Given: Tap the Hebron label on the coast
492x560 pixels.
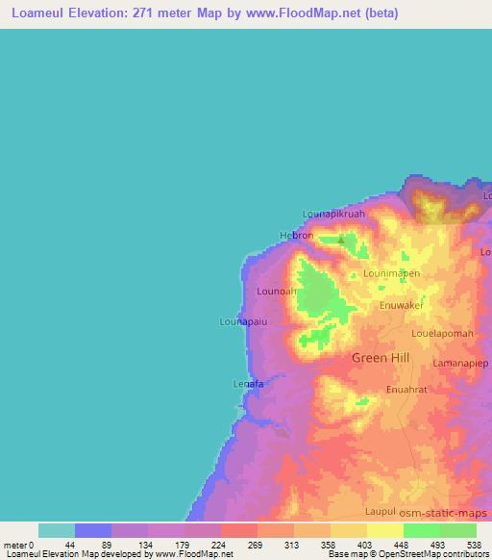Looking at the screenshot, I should coord(296,236).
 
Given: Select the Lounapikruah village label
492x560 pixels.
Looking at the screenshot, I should coord(333,214).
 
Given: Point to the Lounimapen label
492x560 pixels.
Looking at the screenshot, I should coord(391,273).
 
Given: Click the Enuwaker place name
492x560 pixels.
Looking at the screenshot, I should coord(402,305).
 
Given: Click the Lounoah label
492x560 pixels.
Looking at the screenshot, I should coord(277,290).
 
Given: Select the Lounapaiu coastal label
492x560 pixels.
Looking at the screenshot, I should coord(243,321).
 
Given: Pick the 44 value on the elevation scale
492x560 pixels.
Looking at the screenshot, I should coord(57,545).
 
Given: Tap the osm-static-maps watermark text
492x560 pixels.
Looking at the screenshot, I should coord(447,511).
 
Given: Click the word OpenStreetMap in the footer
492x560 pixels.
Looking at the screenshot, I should coord(423,555).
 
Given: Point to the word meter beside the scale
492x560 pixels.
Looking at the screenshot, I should coord(16,545).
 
